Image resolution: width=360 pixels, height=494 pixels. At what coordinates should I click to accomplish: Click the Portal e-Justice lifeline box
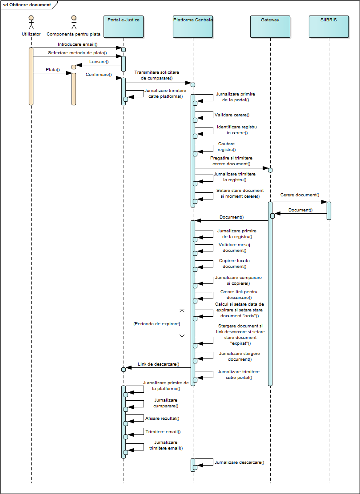pyautogui.click(x=124, y=27)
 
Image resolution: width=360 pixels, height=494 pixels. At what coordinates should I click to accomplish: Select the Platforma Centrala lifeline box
pyautogui.click(x=193, y=27)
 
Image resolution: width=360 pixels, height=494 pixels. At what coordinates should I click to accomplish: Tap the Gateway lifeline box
pyautogui.click(x=270, y=27)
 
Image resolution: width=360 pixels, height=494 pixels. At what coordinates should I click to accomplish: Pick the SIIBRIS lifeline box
pyautogui.click(x=329, y=27)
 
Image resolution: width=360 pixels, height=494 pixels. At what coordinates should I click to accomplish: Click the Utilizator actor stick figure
pyautogui.click(x=31, y=22)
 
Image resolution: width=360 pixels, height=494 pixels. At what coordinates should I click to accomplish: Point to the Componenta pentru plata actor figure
pyautogui.click(x=74, y=22)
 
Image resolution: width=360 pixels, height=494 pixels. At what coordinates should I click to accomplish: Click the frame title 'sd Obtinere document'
pyautogui.click(x=27, y=5)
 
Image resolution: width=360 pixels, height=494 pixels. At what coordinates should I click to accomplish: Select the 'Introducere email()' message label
pyautogui.click(x=77, y=44)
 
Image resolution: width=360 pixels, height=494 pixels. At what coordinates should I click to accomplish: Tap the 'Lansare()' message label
pyautogui.click(x=99, y=62)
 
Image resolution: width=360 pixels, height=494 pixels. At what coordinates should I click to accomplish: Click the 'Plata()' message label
pyautogui.click(x=52, y=70)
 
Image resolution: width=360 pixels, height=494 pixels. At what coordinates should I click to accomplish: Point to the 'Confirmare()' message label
pyautogui.click(x=99, y=75)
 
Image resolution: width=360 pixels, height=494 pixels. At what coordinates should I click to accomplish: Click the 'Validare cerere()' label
pyautogui.click(x=232, y=115)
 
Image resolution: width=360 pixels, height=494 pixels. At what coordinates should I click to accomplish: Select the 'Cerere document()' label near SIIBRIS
pyautogui.click(x=300, y=195)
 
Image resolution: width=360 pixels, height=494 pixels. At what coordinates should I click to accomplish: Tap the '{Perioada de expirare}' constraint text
pyautogui.click(x=157, y=323)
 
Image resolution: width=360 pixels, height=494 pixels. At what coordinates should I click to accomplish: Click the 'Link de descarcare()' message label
pyautogui.click(x=159, y=364)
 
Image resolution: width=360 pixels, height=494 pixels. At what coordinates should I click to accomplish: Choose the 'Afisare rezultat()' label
pyautogui.click(x=162, y=418)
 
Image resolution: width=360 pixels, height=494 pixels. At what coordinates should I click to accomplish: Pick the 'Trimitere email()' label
pyautogui.click(x=163, y=432)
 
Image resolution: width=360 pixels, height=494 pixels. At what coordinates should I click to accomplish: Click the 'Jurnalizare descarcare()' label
pyautogui.click(x=239, y=462)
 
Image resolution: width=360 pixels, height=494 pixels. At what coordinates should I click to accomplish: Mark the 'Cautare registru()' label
pyautogui.click(x=227, y=147)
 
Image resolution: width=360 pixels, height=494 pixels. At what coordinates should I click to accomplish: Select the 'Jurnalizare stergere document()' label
pyautogui.click(x=240, y=356)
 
